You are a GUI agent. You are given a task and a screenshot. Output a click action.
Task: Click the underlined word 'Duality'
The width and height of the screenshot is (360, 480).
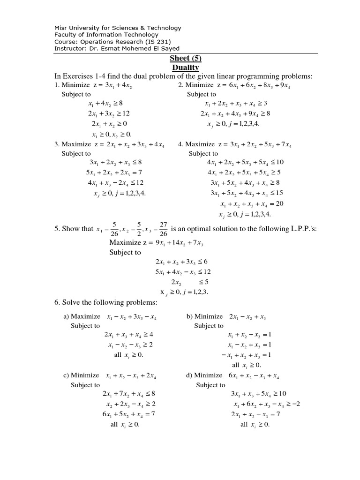coord(186,67)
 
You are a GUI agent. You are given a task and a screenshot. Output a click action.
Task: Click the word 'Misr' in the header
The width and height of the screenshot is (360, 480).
coord(61,28)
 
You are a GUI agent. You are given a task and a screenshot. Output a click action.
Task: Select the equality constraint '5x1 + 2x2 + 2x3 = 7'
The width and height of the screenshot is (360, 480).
coord(114,172)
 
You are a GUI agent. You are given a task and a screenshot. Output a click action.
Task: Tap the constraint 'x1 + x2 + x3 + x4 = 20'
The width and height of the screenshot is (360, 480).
coord(252,204)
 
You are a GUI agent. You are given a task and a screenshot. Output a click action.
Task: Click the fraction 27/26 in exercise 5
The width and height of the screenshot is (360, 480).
coord(163,229)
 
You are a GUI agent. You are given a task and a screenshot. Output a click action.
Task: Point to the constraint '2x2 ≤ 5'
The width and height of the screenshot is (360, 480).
coord(189,282)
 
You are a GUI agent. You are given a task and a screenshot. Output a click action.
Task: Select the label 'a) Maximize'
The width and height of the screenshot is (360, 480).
coord(82,316)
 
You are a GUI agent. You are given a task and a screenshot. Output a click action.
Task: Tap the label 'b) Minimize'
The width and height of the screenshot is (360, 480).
coord(204,316)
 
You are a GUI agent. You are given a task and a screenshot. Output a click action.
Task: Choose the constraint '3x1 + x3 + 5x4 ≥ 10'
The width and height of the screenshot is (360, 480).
coord(258,393)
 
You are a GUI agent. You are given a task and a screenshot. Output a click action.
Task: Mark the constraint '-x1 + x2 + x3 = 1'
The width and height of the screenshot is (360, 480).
coord(247,355)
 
